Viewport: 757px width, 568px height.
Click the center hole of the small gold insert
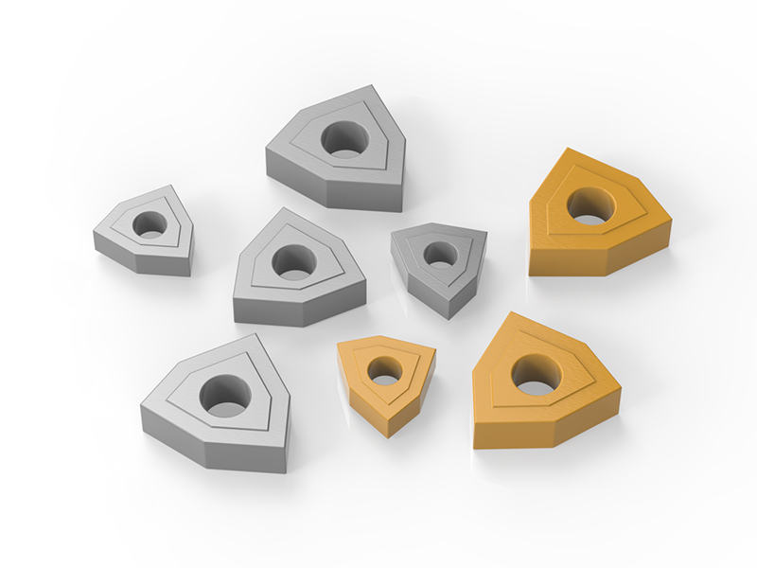pos(384,370)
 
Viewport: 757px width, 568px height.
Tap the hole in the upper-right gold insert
pos(590,204)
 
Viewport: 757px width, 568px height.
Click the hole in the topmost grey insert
pos(344,138)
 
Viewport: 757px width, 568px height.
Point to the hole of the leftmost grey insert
pos(148,224)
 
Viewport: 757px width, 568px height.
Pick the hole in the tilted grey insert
pos(438,254)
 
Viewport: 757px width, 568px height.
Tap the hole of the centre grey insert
pos(295,261)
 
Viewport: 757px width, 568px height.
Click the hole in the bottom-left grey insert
pos(224,395)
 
